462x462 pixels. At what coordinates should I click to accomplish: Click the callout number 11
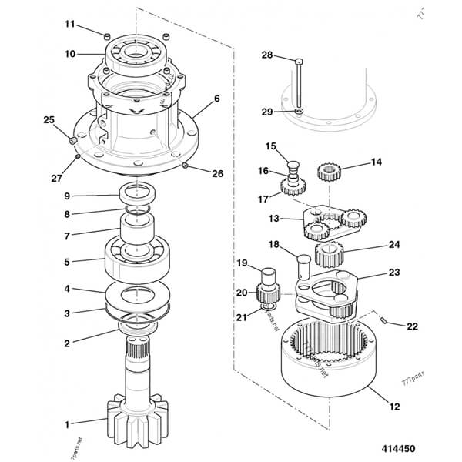point(69,25)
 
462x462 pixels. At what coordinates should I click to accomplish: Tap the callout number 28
point(266,55)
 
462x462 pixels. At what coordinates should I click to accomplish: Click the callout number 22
point(412,326)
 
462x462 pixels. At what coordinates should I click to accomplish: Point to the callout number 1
point(67,423)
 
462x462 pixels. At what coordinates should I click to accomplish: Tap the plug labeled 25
point(72,141)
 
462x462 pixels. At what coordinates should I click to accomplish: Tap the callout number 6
point(218,98)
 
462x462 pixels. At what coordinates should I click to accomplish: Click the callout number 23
point(393,272)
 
